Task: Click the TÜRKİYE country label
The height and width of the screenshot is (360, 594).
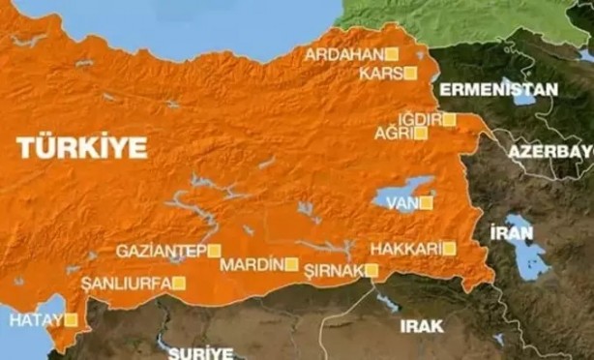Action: coord(82,147)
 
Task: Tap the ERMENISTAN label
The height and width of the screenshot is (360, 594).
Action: coord(498,89)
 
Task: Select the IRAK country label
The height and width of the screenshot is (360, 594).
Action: coord(421,327)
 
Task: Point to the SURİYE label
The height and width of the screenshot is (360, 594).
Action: coord(200,352)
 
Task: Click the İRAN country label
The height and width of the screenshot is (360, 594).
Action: coord(512,232)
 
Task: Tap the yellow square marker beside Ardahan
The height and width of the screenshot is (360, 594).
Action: coord(392,54)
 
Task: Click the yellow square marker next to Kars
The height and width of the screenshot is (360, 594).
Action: coord(410,73)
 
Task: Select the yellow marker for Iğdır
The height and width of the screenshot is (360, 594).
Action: coord(449,119)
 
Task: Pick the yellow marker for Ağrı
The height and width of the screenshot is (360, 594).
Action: coord(420,134)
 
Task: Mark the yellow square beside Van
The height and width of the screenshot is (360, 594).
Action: coord(422,203)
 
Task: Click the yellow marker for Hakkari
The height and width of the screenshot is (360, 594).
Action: coord(449,249)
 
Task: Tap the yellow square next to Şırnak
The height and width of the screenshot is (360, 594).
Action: coord(371,270)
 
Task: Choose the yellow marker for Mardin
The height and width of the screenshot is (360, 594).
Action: coord(290,263)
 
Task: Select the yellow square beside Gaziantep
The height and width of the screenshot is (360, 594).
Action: coord(214,251)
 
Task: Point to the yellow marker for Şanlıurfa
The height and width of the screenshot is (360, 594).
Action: coord(178,283)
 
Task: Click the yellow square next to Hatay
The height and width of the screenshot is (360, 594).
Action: coord(70,318)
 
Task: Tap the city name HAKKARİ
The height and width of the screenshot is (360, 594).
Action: coord(405,249)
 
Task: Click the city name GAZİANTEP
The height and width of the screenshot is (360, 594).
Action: coord(161,251)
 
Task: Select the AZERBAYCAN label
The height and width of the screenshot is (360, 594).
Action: coord(549,154)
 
